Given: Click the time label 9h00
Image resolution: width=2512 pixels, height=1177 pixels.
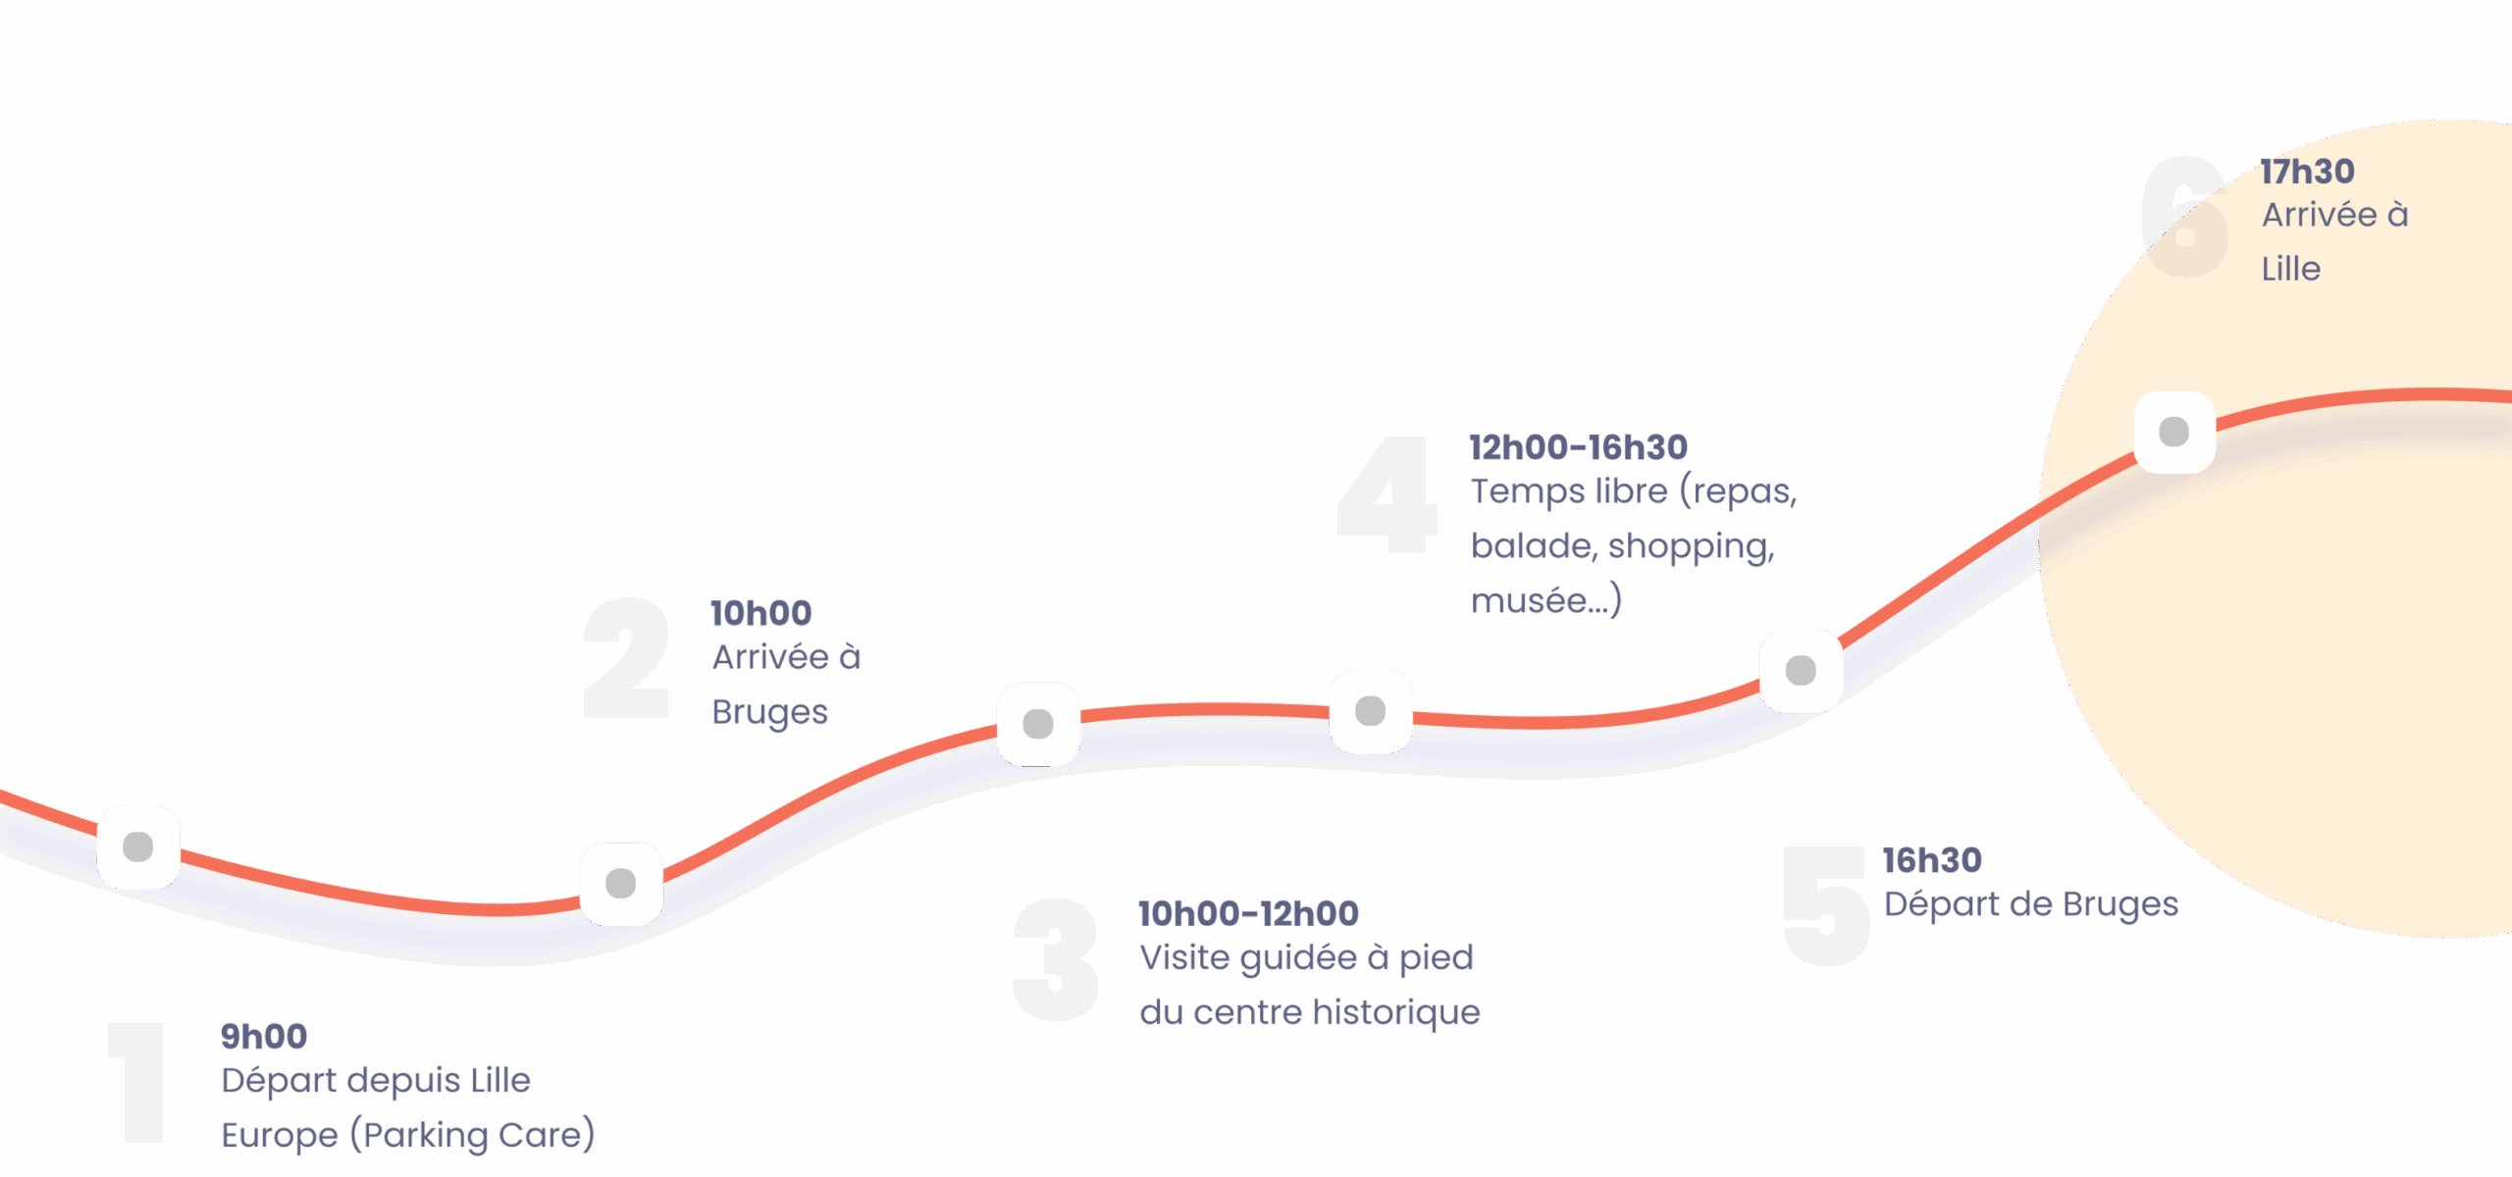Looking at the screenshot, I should pyautogui.click(x=264, y=1036).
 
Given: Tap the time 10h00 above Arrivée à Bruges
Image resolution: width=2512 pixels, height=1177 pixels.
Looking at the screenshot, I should pyautogui.click(x=761, y=614).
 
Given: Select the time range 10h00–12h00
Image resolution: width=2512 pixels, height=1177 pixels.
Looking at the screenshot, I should pyautogui.click(x=1248, y=914).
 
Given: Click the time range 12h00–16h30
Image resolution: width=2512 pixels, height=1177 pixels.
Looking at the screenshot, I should pyautogui.click(x=1578, y=448).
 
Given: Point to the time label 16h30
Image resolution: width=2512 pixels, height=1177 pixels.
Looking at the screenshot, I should pyautogui.click(x=1932, y=861).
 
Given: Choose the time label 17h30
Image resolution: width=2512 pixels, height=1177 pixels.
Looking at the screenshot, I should pyautogui.click(x=2308, y=172).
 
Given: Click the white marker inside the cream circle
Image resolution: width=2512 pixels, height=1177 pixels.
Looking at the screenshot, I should pyautogui.click(x=2174, y=432).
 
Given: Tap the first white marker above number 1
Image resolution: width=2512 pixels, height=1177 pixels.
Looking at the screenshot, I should pyautogui.click(x=138, y=846).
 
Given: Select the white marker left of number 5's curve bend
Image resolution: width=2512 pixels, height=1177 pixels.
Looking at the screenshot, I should pyautogui.click(x=1801, y=671).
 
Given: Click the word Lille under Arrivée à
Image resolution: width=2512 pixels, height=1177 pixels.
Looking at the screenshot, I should pyautogui.click(x=2291, y=269).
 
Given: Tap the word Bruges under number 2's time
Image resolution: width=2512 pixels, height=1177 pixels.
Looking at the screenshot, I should pyautogui.click(x=770, y=712).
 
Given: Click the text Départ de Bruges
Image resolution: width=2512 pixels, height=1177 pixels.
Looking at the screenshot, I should pyautogui.click(x=2030, y=904).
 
